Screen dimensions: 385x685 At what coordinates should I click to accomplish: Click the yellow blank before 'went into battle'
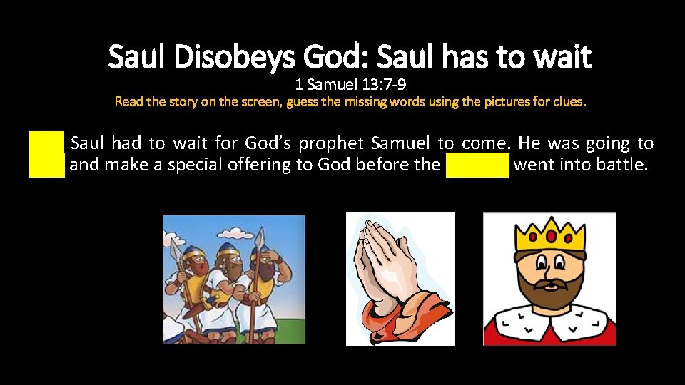click(x=477, y=166)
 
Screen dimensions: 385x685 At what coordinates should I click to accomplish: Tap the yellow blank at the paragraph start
click(x=46, y=154)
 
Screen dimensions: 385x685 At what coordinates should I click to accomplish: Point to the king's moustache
click(x=549, y=285)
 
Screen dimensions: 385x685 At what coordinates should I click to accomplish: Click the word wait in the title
click(x=564, y=57)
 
